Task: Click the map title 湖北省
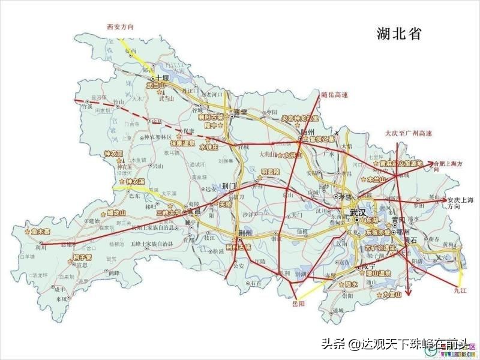point(399,34)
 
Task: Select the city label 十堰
point(163,78)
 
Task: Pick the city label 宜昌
point(191,212)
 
